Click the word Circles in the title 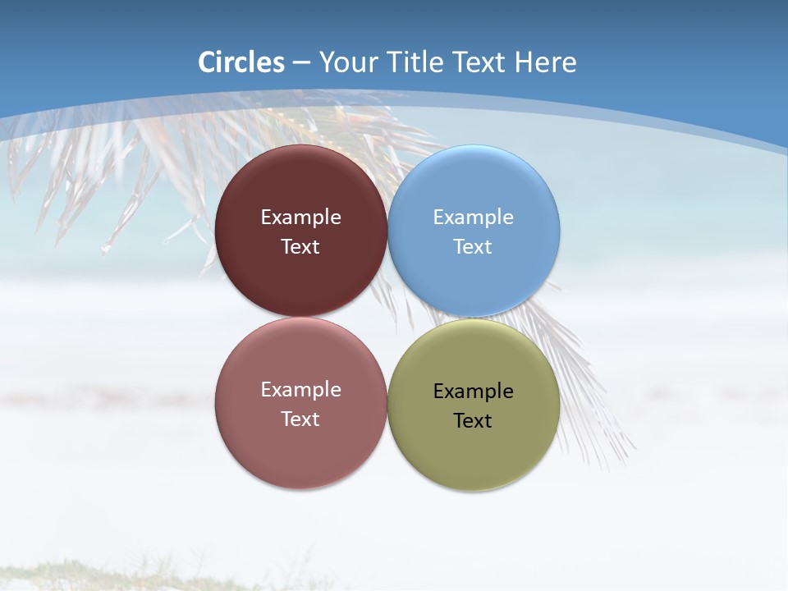coord(241,62)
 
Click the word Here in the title coord(545,62)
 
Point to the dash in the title coord(301,63)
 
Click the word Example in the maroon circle coord(300,218)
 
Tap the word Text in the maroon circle coord(300,247)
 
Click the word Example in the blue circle coord(473,218)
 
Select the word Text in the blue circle coord(473,247)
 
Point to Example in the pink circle coord(300,390)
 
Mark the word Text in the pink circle coord(300,419)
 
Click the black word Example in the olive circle coord(473,392)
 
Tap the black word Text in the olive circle coord(473,421)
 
